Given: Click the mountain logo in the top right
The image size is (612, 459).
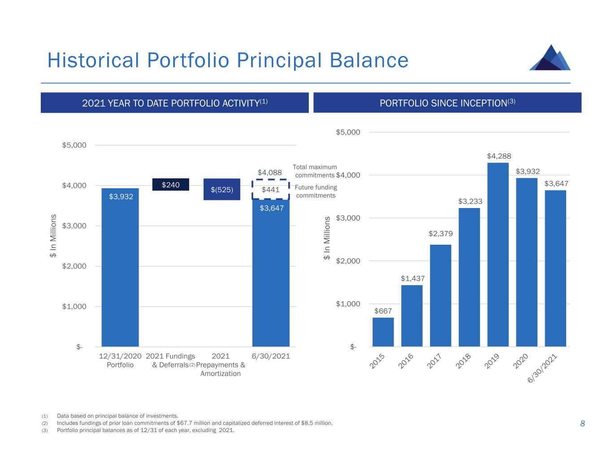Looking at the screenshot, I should click(x=550, y=58).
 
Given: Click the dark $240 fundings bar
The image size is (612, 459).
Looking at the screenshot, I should click(x=170, y=185).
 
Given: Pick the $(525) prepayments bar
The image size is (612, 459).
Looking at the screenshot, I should click(x=222, y=189).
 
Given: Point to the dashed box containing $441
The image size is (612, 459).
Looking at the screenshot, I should click(x=270, y=190).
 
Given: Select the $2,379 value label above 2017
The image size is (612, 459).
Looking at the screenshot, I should click(x=441, y=234).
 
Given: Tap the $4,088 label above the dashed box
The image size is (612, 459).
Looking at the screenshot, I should click(x=269, y=173).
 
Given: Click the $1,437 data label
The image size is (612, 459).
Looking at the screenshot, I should click(x=412, y=278).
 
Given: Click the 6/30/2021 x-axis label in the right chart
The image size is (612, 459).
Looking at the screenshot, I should click(x=542, y=368).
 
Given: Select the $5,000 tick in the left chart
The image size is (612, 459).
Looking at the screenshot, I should click(x=74, y=145).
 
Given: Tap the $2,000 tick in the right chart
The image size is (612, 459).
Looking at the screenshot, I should click(x=348, y=261).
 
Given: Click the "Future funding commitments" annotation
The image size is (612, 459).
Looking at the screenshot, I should click(x=316, y=191).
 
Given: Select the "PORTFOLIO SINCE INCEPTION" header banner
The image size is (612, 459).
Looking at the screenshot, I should click(x=447, y=103).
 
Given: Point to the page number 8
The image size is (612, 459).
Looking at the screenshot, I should click(x=582, y=424).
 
